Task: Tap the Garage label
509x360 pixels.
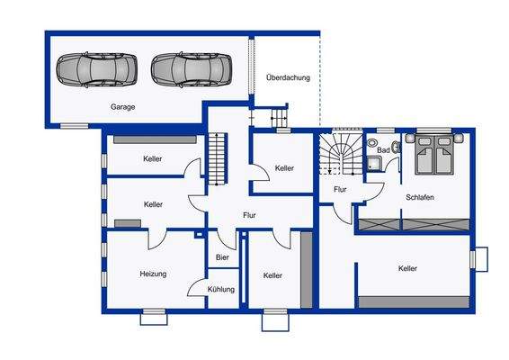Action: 123,107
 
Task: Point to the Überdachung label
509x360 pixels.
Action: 288,77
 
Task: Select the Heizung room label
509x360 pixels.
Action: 153,274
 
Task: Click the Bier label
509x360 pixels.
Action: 222,257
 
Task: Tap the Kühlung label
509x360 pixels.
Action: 220,290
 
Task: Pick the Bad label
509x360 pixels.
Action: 384,149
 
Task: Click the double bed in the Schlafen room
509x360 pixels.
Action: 435,154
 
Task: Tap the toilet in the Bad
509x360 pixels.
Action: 372,144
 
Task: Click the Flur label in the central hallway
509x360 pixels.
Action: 250,215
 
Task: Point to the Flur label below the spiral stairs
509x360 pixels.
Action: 340,190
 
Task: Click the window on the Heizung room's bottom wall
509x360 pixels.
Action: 154,314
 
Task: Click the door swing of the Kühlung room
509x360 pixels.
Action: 196,285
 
